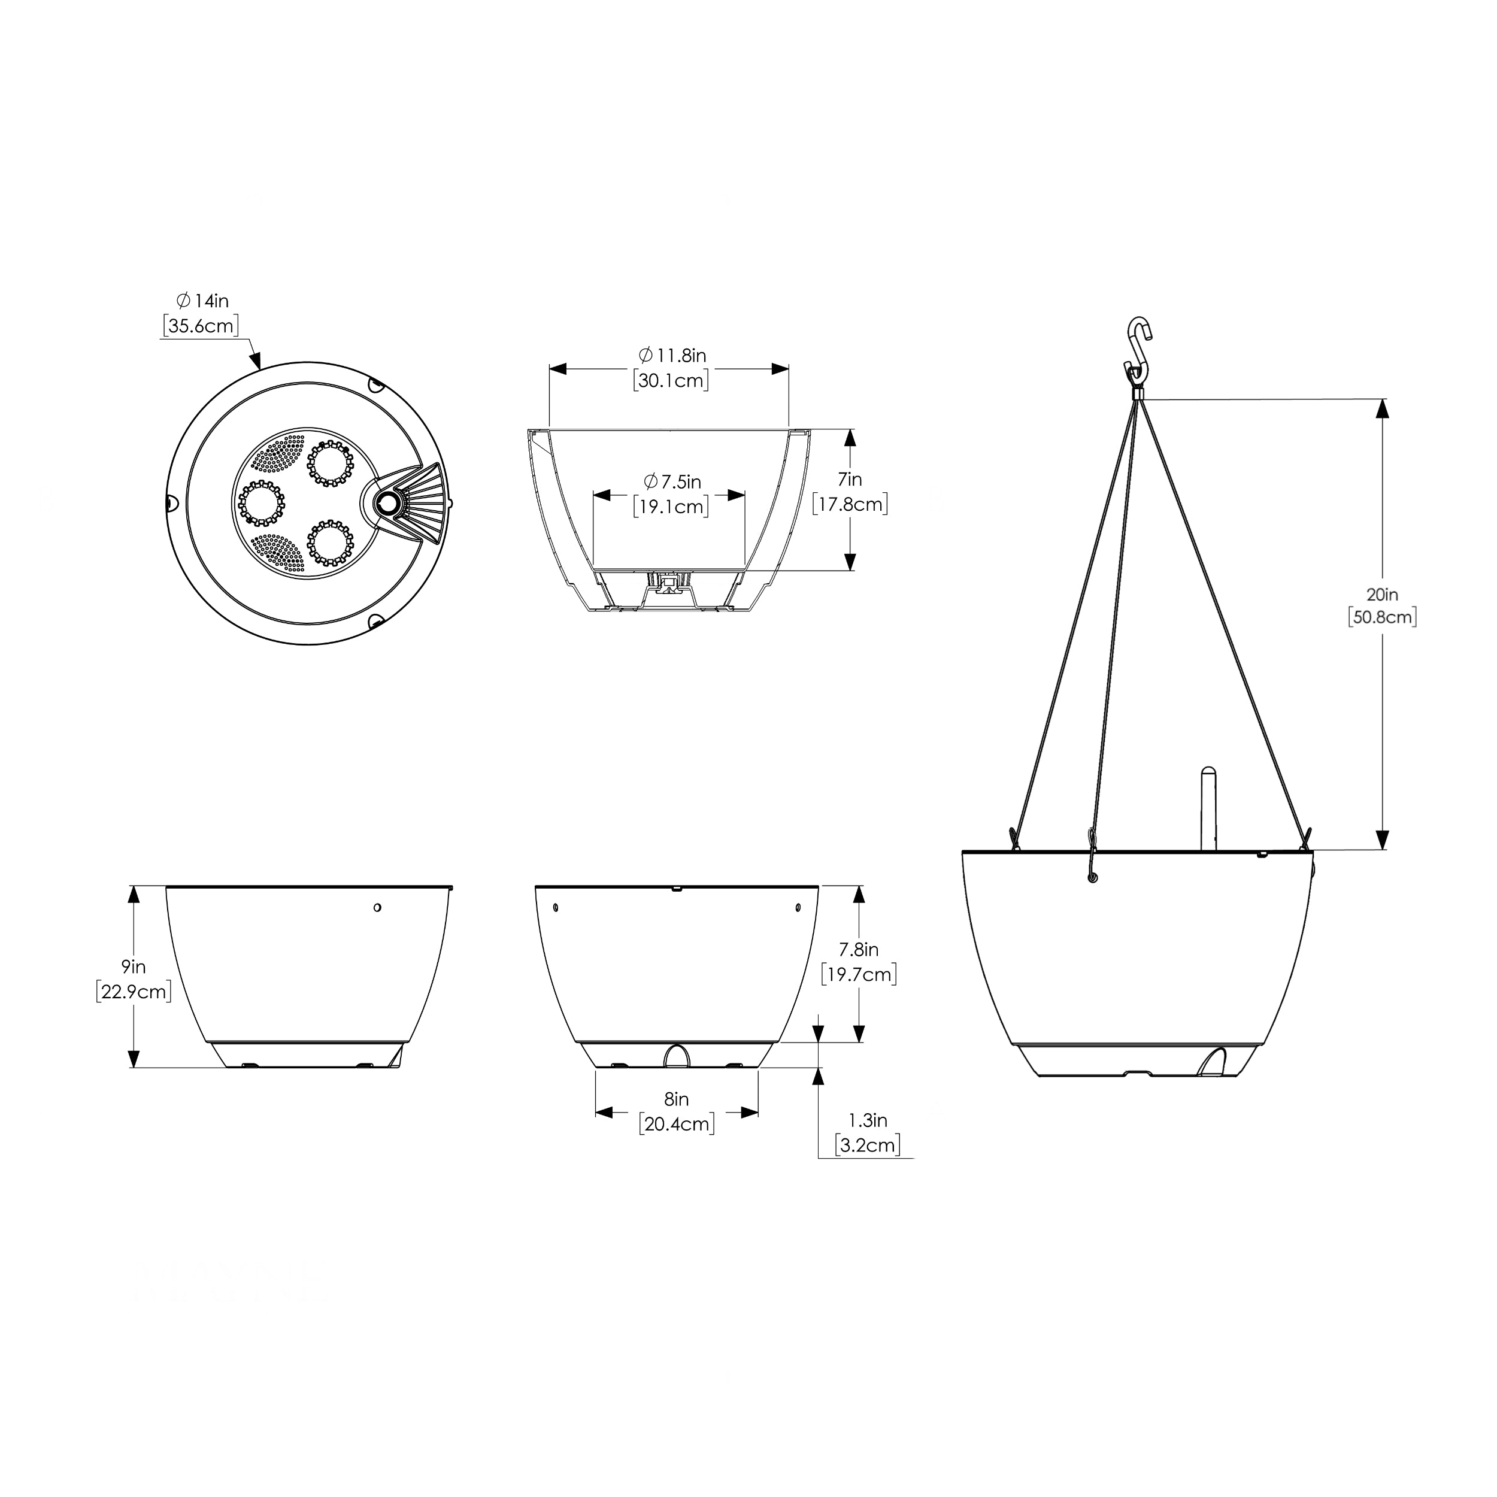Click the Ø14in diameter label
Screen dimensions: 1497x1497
(x=203, y=301)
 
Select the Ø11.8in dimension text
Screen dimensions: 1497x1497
(x=672, y=356)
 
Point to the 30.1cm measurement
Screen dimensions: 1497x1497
(x=671, y=380)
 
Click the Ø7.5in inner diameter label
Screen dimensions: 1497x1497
(x=672, y=482)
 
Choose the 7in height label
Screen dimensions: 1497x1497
(x=850, y=480)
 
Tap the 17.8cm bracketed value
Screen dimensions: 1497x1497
(x=850, y=504)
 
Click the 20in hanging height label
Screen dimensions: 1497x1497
(x=1382, y=594)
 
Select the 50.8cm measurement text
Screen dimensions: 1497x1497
(x=1382, y=617)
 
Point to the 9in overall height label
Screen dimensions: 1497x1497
(x=134, y=966)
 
